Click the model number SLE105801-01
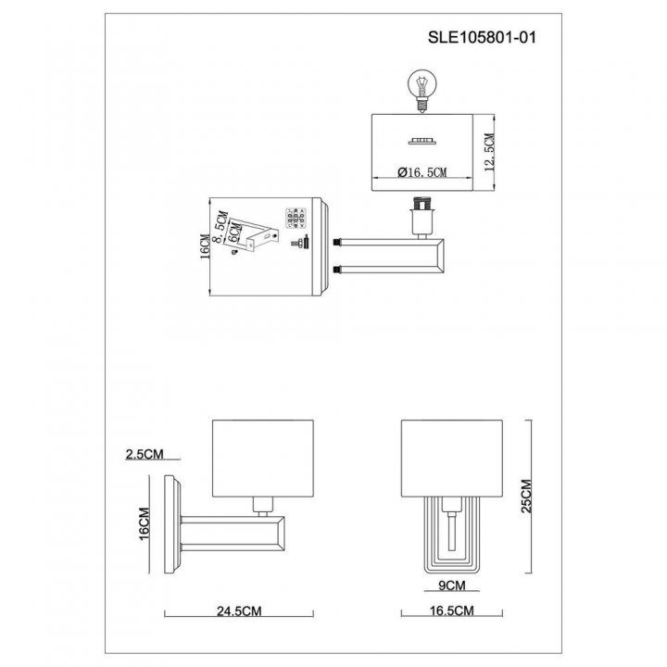[x=482, y=37]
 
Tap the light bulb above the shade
[x=422, y=91]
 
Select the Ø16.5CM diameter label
[x=422, y=172]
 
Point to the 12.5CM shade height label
[x=490, y=152]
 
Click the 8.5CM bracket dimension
[x=220, y=227]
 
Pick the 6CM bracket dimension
[x=234, y=233]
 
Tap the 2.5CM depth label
[x=145, y=454]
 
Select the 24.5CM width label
[x=239, y=610]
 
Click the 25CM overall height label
[x=526, y=496]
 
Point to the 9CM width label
[x=452, y=585]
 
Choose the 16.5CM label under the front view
[x=451, y=610]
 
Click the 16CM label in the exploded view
[x=205, y=246]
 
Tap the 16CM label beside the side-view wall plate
[x=145, y=523]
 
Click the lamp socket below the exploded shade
[x=422, y=217]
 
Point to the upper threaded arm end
[x=338, y=243]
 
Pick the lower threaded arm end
[x=338, y=270]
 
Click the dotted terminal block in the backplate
[x=296, y=219]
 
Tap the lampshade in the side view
[x=263, y=459]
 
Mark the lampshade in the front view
[x=452, y=459]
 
